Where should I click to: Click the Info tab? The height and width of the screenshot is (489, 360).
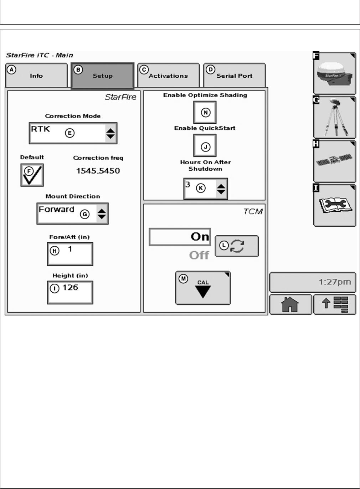tap(36, 75)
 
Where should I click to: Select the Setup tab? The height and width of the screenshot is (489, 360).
tap(102, 76)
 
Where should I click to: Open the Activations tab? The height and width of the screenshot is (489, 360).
tap(168, 75)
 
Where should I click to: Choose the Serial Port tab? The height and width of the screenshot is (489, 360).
tap(234, 75)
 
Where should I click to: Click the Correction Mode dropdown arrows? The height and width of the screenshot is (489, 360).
tap(110, 133)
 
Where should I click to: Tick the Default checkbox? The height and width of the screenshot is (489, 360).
tap(32, 175)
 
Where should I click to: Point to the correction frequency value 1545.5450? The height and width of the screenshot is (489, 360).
tap(98, 171)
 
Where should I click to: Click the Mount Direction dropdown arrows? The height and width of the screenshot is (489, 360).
tap(102, 214)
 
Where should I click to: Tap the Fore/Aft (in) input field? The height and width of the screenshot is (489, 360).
tap(70, 254)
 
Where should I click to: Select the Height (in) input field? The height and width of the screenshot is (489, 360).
tap(70, 292)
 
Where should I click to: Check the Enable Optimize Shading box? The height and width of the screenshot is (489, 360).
tap(205, 112)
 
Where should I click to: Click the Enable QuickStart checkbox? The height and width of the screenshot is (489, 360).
tap(205, 145)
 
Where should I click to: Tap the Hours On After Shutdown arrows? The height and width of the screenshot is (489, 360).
tap(221, 189)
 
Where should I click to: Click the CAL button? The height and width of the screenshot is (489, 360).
tap(203, 288)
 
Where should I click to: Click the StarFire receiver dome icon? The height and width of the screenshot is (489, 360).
tap(334, 73)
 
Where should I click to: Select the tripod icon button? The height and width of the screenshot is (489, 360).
tap(334, 118)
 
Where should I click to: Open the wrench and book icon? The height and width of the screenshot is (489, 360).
tap(334, 206)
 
